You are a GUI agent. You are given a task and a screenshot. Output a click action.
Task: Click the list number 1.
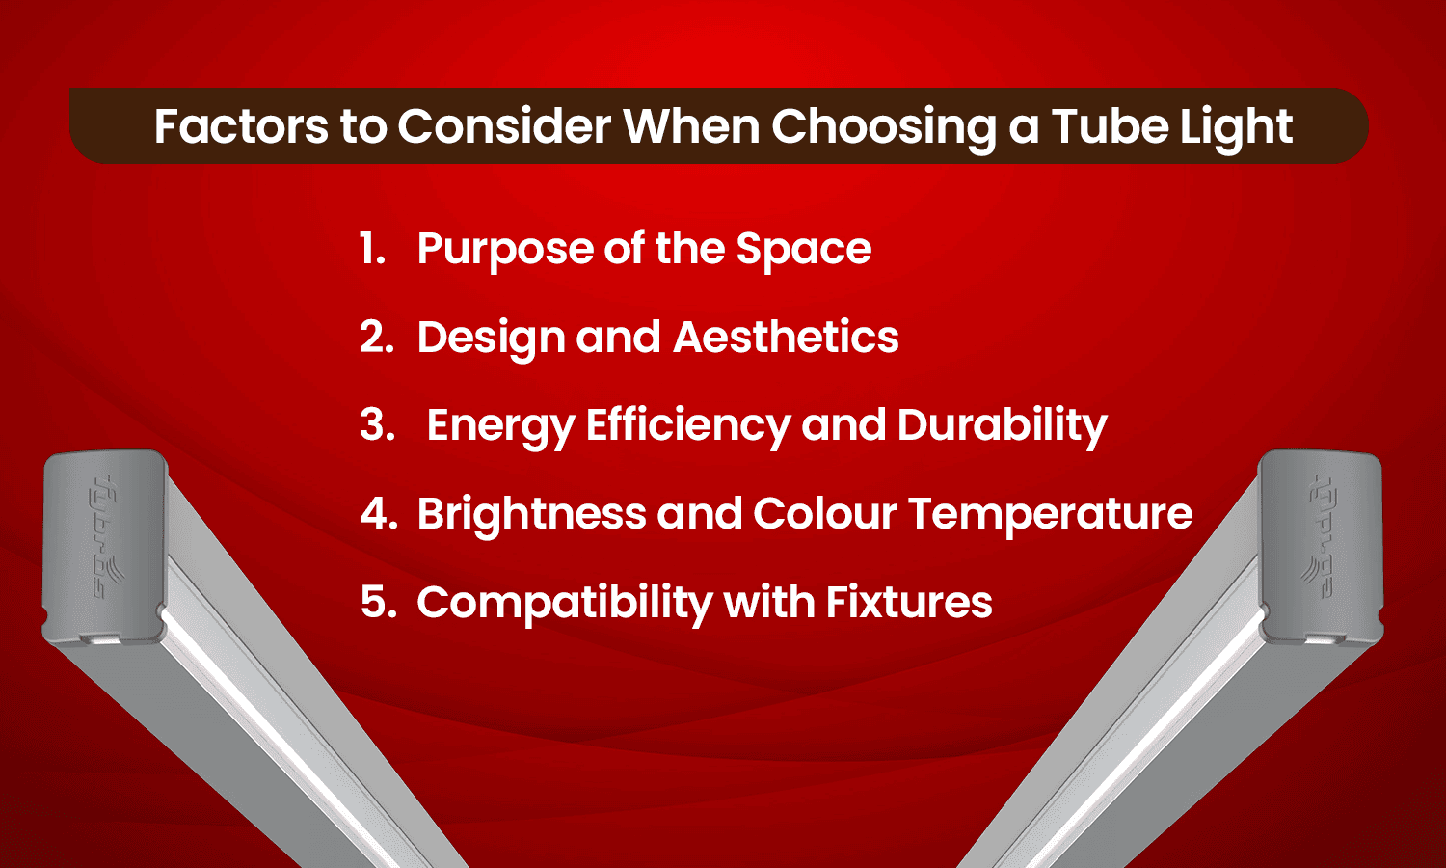pos(372,249)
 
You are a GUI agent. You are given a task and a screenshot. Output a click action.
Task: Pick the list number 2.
pos(376,338)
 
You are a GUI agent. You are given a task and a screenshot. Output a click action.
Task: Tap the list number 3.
pos(377,425)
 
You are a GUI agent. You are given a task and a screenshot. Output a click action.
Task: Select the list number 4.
pos(378,514)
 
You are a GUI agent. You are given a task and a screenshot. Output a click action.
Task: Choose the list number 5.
pos(378,603)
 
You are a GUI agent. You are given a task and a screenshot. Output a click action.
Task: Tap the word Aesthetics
pos(786,338)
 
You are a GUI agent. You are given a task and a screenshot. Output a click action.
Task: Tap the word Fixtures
pos(908,603)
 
